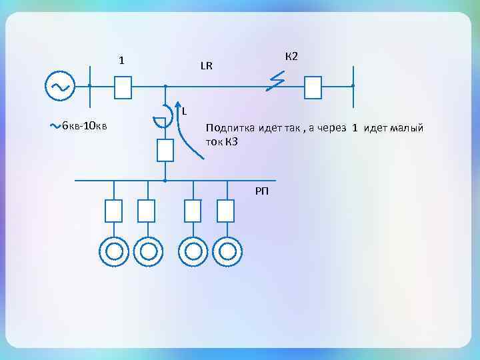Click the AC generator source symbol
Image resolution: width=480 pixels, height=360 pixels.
tap(60, 86)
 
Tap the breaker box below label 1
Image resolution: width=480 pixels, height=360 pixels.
tap(123, 87)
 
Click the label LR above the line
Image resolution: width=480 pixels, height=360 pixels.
tap(206, 65)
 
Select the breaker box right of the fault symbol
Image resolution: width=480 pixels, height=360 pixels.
tap(313, 87)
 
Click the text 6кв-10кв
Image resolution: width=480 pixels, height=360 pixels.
tap(85, 126)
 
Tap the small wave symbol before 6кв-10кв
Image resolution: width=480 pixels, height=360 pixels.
tap(56, 125)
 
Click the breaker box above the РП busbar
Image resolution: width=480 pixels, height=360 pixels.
tap(165, 150)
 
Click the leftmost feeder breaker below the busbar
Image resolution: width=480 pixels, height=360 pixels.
tap(114, 211)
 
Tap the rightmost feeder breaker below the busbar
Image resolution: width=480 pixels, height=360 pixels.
tap(226, 211)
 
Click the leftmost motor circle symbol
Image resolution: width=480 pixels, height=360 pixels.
tap(114, 251)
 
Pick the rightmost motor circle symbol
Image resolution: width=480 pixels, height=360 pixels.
tap(227, 251)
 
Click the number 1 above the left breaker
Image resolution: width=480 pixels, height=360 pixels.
tap(121, 61)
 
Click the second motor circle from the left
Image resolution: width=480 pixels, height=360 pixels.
tap(147, 251)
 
